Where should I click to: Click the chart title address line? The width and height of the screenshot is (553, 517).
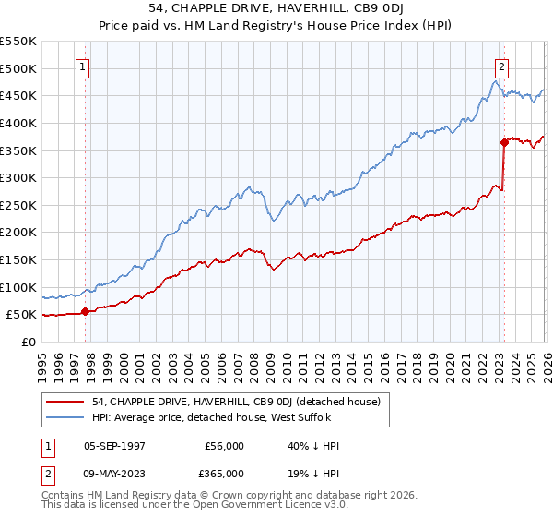pyautogui.click(x=276, y=8)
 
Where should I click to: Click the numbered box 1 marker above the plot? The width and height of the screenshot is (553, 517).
pyautogui.click(x=84, y=66)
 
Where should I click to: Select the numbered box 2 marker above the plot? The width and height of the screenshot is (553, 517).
pyautogui.click(x=501, y=66)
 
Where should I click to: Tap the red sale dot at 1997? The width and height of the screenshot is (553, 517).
pyautogui.click(x=86, y=311)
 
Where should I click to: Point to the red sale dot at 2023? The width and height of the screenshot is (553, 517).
pyautogui.click(x=504, y=142)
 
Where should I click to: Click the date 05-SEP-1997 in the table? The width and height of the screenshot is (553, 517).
pyautogui.click(x=118, y=447)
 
